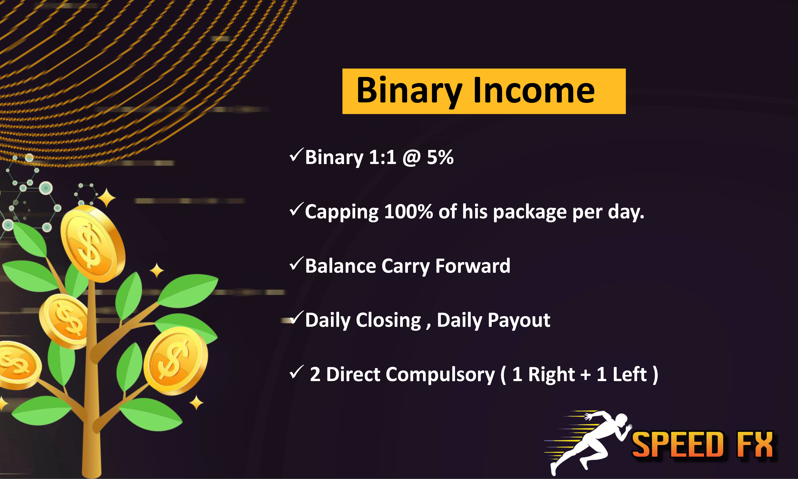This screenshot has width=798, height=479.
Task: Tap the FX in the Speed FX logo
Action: point(755,445)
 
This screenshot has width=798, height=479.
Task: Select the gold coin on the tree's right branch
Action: point(176,361)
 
